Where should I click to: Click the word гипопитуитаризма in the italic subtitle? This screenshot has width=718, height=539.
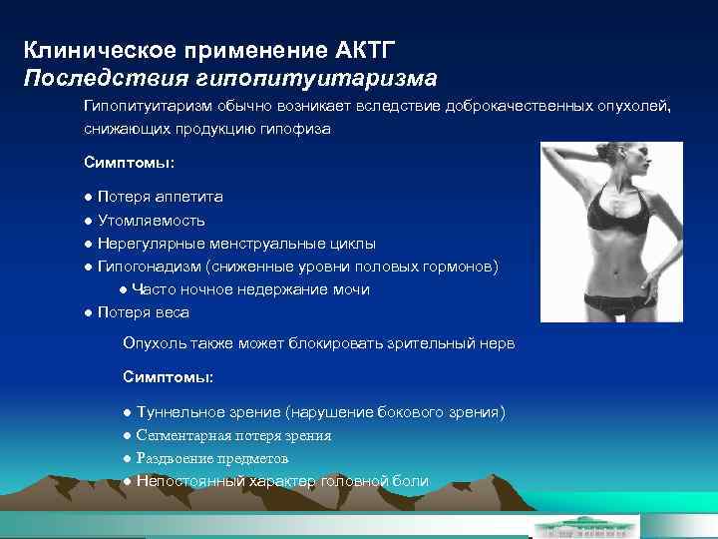pos(335,77)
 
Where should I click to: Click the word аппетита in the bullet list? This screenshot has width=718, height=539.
pos(186,197)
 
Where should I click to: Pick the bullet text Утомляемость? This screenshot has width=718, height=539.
pos(151,220)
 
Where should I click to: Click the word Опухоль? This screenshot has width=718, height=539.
pos(152,343)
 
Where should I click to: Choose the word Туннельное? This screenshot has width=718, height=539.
pos(172,411)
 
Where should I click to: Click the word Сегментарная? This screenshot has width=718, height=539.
pos(180,435)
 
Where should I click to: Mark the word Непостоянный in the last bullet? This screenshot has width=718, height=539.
pos(183,481)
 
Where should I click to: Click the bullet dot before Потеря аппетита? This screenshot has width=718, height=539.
pos(88,197)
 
